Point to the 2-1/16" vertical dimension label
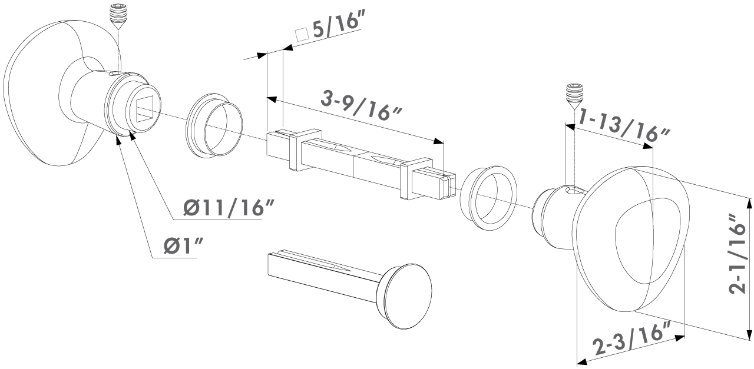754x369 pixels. pyautogui.click(x=738, y=258)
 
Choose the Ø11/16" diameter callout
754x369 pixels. pyautogui.click(x=229, y=207)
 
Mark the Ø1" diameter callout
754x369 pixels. pyautogui.click(x=184, y=247)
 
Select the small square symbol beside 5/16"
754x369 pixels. pyautogui.click(x=302, y=34)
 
